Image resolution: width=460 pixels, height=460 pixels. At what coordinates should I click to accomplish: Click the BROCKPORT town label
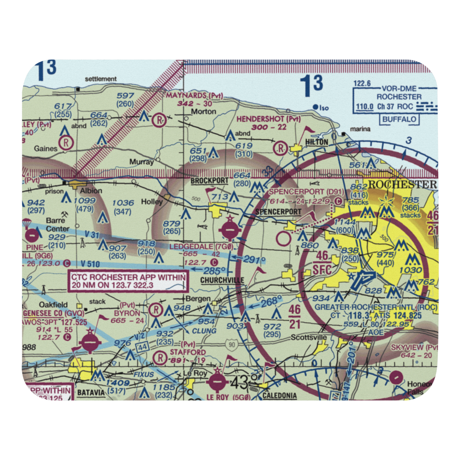(209, 181)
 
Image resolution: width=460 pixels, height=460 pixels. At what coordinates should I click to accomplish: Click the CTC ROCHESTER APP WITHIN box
(128, 282)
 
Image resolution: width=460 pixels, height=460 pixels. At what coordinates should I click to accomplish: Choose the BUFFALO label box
(400, 119)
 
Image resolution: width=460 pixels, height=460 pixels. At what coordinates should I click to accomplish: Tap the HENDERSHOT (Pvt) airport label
(269, 119)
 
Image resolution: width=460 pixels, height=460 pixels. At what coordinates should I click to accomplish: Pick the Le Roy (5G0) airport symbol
(217, 381)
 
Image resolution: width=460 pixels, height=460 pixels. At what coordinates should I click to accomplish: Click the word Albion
(90, 191)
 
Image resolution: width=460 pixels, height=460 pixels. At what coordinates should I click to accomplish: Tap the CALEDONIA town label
(280, 395)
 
